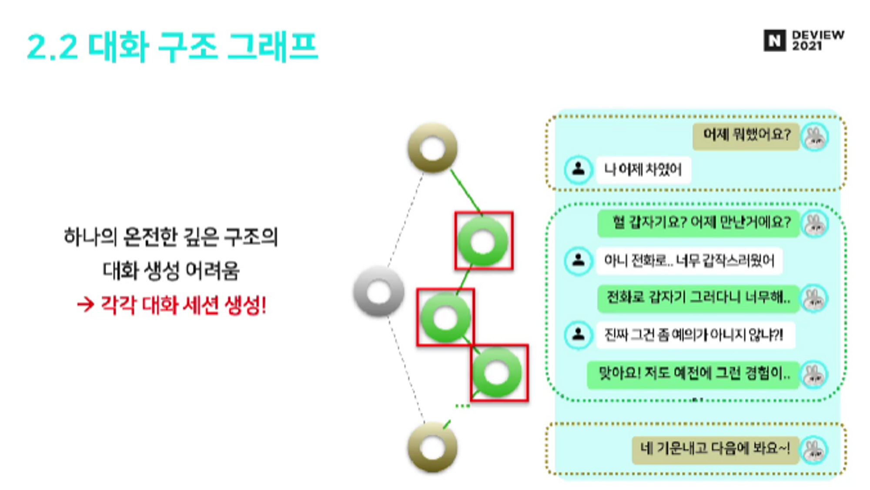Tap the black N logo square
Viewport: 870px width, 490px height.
[x=774, y=40]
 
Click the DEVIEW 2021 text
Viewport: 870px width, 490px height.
[x=817, y=40]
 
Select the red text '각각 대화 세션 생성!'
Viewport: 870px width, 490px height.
[x=183, y=305]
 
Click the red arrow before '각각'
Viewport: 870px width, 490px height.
[x=85, y=304]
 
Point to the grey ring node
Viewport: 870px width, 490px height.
[x=378, y=292]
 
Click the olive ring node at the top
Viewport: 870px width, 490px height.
[x=432, y=148]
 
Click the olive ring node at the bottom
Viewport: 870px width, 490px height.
[x=432, y=447]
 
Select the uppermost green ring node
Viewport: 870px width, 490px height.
[x=483, y=242]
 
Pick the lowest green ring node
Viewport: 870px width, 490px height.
[x=497, y=373]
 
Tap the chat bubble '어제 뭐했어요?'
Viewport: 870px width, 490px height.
[x=746, y=136]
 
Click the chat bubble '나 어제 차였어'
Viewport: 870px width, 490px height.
[x=643, y=170]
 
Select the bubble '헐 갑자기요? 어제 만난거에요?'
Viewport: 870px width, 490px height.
[x=699, y=223]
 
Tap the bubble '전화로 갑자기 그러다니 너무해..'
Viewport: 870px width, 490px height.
[x=698, y=298]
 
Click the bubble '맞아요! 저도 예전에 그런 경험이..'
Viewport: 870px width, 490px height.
[x=693, y=373]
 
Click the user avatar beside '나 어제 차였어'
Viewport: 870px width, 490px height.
[x=578, y=169]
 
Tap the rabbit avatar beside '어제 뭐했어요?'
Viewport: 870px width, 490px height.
[x=815, y=137]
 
